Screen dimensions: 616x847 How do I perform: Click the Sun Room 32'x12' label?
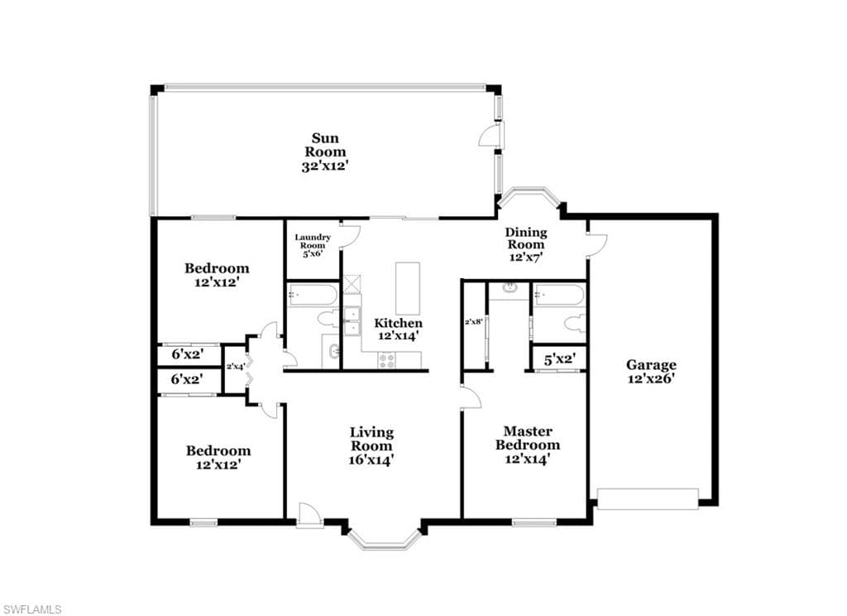tap(324, 152)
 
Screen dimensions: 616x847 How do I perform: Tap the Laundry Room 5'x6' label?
tap(313, 245)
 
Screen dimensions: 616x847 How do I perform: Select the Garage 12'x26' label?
tap(650, 371)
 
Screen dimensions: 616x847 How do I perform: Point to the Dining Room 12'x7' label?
tap(525, 244)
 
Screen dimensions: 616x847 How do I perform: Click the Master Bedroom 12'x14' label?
tap(527, 445)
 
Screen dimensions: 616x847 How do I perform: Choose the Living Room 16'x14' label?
tap(371, 445)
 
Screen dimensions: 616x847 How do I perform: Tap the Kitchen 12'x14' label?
tap(398, 329)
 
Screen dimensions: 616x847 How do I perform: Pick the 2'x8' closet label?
tap(473, 321)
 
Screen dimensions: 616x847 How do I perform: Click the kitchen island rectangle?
tap(407, 287)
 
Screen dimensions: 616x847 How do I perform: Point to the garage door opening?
tap(648, 498)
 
